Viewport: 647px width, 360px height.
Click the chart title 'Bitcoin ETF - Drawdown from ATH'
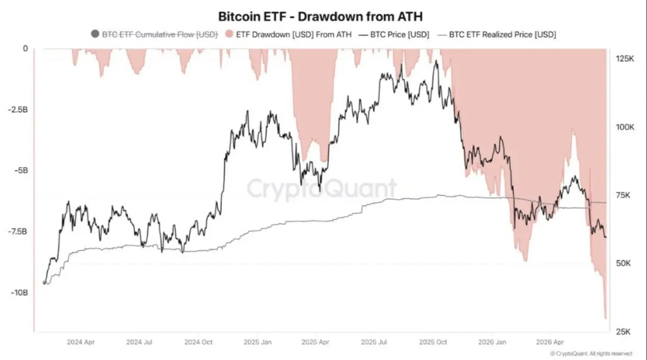(x=320, y=16)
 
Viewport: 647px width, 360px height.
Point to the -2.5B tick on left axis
(x=18, y=110)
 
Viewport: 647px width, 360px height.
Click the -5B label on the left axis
(x=21, y=170)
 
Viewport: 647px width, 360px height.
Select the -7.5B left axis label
(x=18, y=231)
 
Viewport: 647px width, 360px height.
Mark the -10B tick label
(x=19, y=293)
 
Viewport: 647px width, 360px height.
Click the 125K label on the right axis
(x=625, y=59)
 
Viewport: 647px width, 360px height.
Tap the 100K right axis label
(x=625, y=127)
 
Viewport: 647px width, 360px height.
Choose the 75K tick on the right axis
(x=623, y=195)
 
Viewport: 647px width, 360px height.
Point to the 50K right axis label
(x=624, y=263)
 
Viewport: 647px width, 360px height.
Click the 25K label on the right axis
(x=624, y=332)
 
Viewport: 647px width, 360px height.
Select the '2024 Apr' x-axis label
(x=81, y=342)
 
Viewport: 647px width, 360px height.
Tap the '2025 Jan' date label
(x=258, y=342)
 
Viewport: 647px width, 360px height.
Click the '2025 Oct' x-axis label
(x=433, y=342)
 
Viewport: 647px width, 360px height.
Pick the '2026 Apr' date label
(x=550, y=342)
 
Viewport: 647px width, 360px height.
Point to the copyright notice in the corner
(x=591, y=353)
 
